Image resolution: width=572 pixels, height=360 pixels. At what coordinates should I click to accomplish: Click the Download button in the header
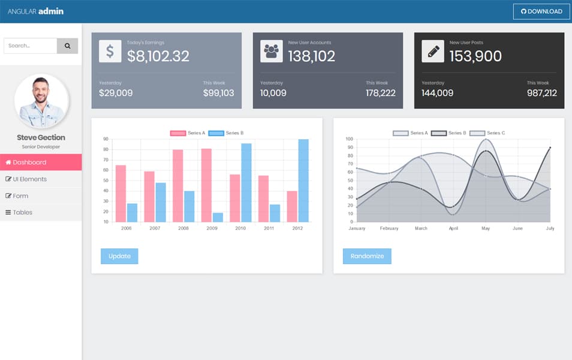(x=541, y=11)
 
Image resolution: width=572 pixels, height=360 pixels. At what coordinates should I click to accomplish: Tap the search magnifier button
(x=67, y=46)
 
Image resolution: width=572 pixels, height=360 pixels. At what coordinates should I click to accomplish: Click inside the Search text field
(x=30, y=46)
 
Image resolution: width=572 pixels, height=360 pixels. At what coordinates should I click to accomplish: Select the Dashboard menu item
(x=41, y=163)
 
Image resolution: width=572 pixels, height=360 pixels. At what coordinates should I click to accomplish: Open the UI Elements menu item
(x=41, y=179)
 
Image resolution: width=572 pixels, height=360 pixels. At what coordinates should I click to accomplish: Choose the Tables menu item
(x=41, y=212)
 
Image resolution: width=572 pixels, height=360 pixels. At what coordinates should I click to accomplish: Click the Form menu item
(x=41, y=196)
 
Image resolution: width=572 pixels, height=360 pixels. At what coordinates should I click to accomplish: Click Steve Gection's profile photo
(x=41, y=101)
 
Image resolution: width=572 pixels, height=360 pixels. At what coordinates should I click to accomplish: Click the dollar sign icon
(x=110, y=52)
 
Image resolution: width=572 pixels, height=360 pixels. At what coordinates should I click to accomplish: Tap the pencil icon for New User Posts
(x=432, y=52)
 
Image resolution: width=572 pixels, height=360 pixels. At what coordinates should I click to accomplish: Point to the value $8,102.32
(x=158, y=56)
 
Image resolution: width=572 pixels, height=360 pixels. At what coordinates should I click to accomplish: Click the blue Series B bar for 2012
(x=303, y=181)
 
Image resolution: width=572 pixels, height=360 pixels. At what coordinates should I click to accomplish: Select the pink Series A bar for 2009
(x=206, y=185)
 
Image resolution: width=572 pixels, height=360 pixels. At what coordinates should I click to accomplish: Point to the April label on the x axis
(x=453, y=229)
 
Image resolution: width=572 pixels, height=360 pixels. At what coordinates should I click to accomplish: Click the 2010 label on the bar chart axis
(x=240, y=229)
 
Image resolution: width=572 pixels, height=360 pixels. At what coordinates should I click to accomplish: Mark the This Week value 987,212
(x=542, y=93)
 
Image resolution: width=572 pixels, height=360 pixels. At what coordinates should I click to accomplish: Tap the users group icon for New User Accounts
(x=271, y=52)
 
